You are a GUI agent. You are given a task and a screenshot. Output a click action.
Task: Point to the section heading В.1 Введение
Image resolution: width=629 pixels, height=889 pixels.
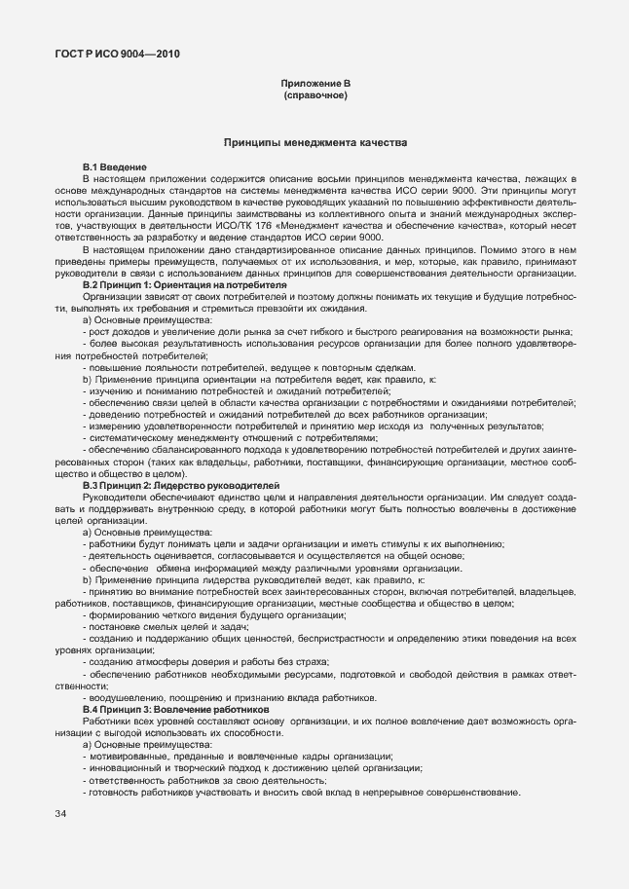tap(114, 168)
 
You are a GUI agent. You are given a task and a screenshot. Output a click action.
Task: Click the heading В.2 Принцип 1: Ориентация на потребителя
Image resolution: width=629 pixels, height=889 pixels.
tap(184, 284)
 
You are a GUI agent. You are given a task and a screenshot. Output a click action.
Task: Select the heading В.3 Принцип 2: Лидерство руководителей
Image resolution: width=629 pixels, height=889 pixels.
tap(181, 484)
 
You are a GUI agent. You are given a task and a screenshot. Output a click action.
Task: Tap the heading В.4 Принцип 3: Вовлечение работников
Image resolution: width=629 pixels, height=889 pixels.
tap(175, 710)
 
